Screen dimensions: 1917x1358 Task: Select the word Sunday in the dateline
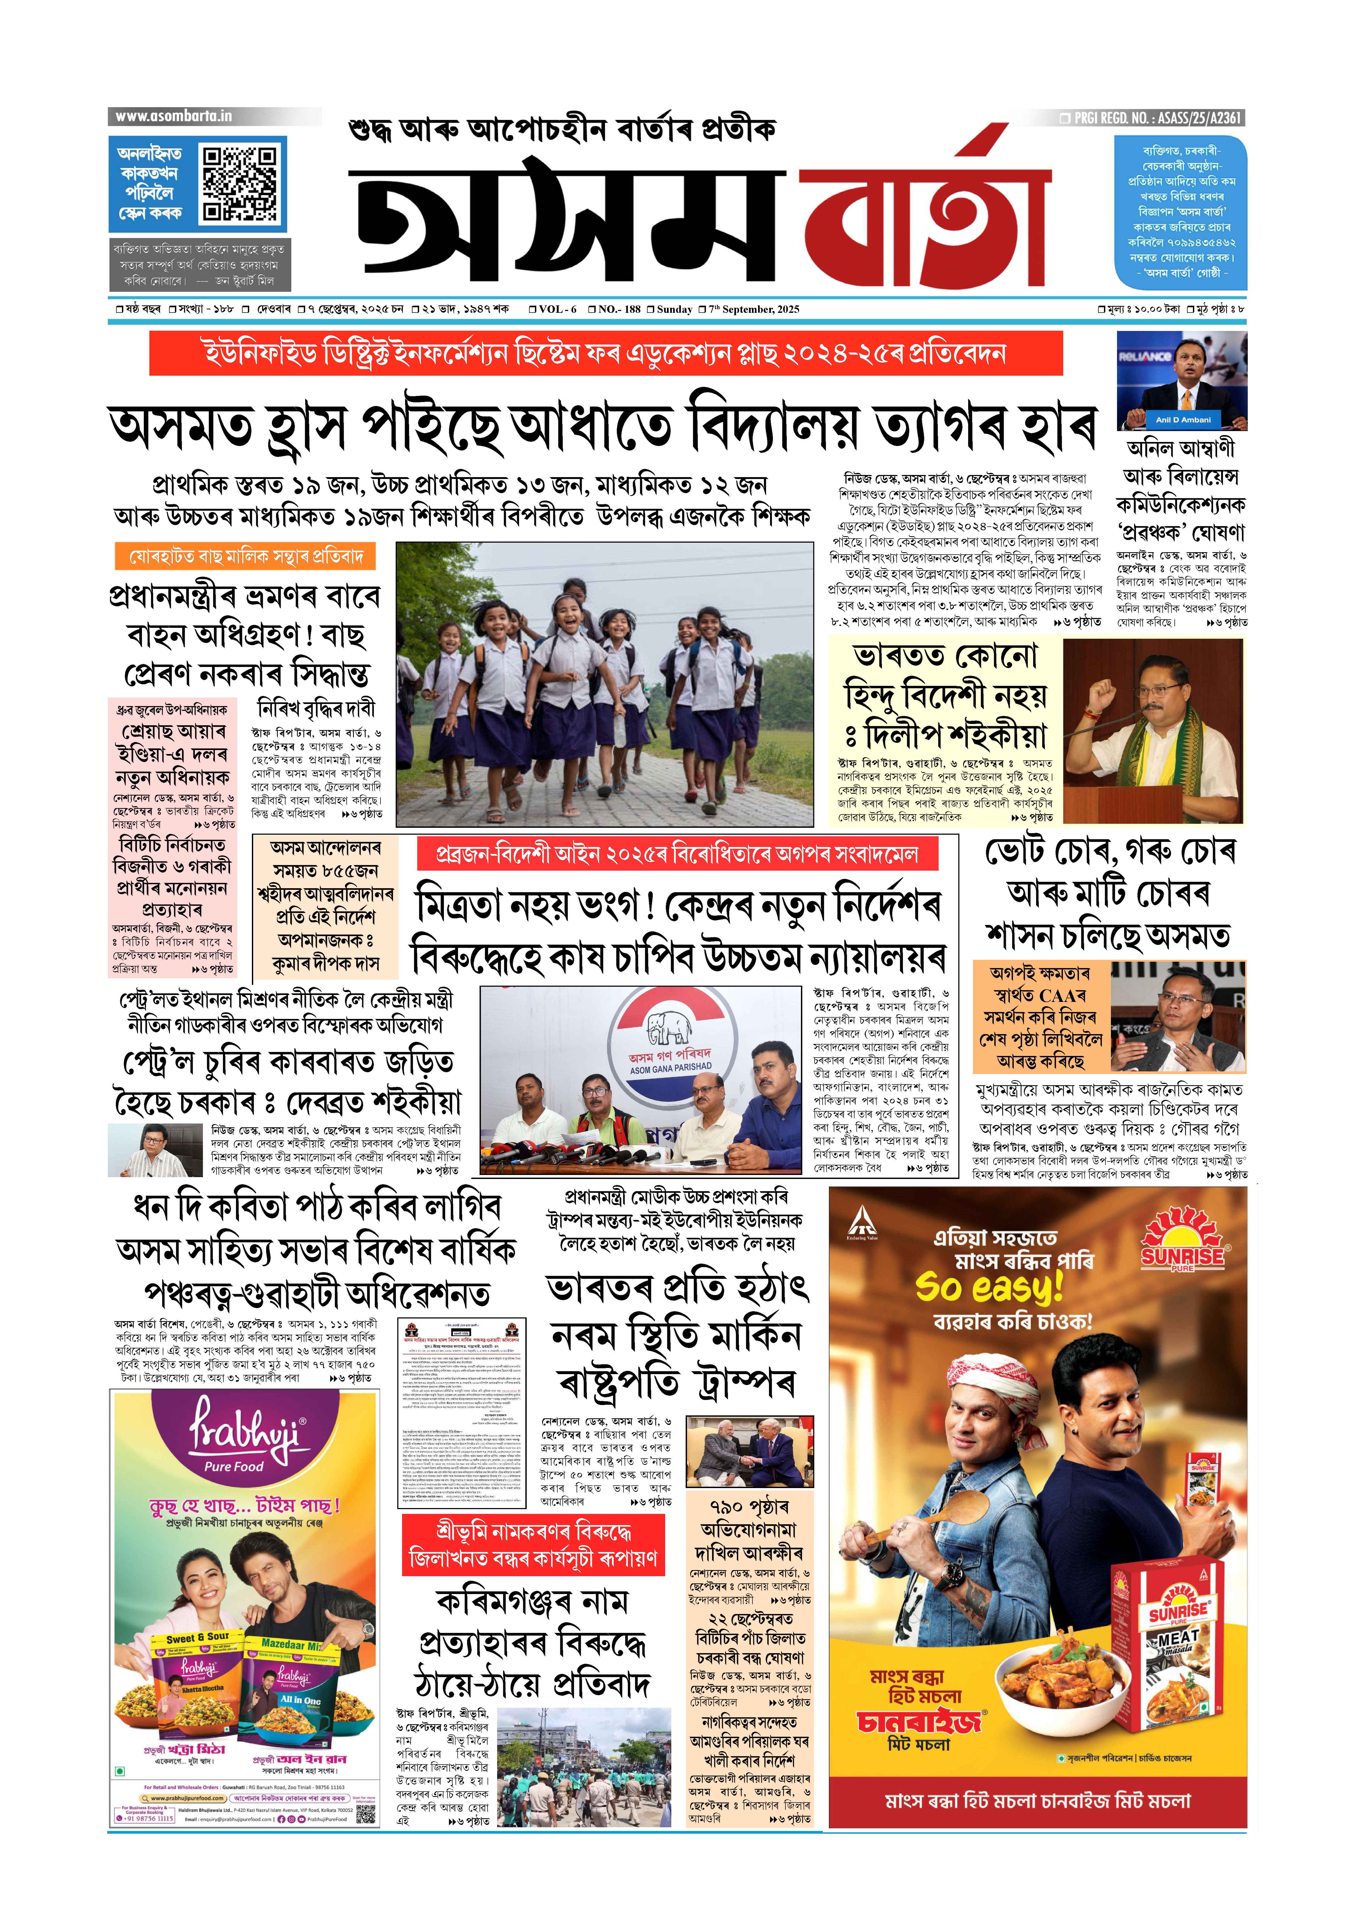(674, 309)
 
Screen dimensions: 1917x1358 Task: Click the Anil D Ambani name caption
(1183, 420)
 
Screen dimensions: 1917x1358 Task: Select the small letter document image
(461, 1411)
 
